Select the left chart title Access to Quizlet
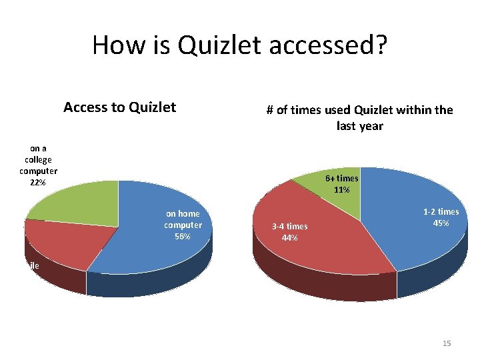click(x=119, y=107)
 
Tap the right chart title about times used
click(x=359, y=117)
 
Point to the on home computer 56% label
click(x=183, y=225)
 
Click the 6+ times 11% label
click(x=341, y=184)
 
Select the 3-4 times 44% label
click(x=289, y=232)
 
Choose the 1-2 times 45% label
click(x=441, y=217)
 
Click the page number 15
click(x=447, y=343)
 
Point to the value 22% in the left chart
click(x=37, y=183)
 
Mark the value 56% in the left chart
click(x=183, y=237)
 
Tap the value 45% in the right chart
click(x=441, y=223)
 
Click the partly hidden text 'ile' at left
click(x=31, y=265)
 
